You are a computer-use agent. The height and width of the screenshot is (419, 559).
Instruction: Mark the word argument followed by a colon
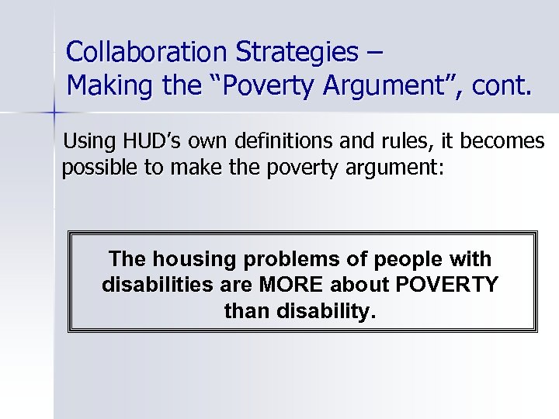tap(394, 168)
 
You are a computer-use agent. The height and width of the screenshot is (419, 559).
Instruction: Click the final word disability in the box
tap(330, 312)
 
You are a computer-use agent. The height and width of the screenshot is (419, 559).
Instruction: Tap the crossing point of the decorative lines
tap(54, 113)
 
